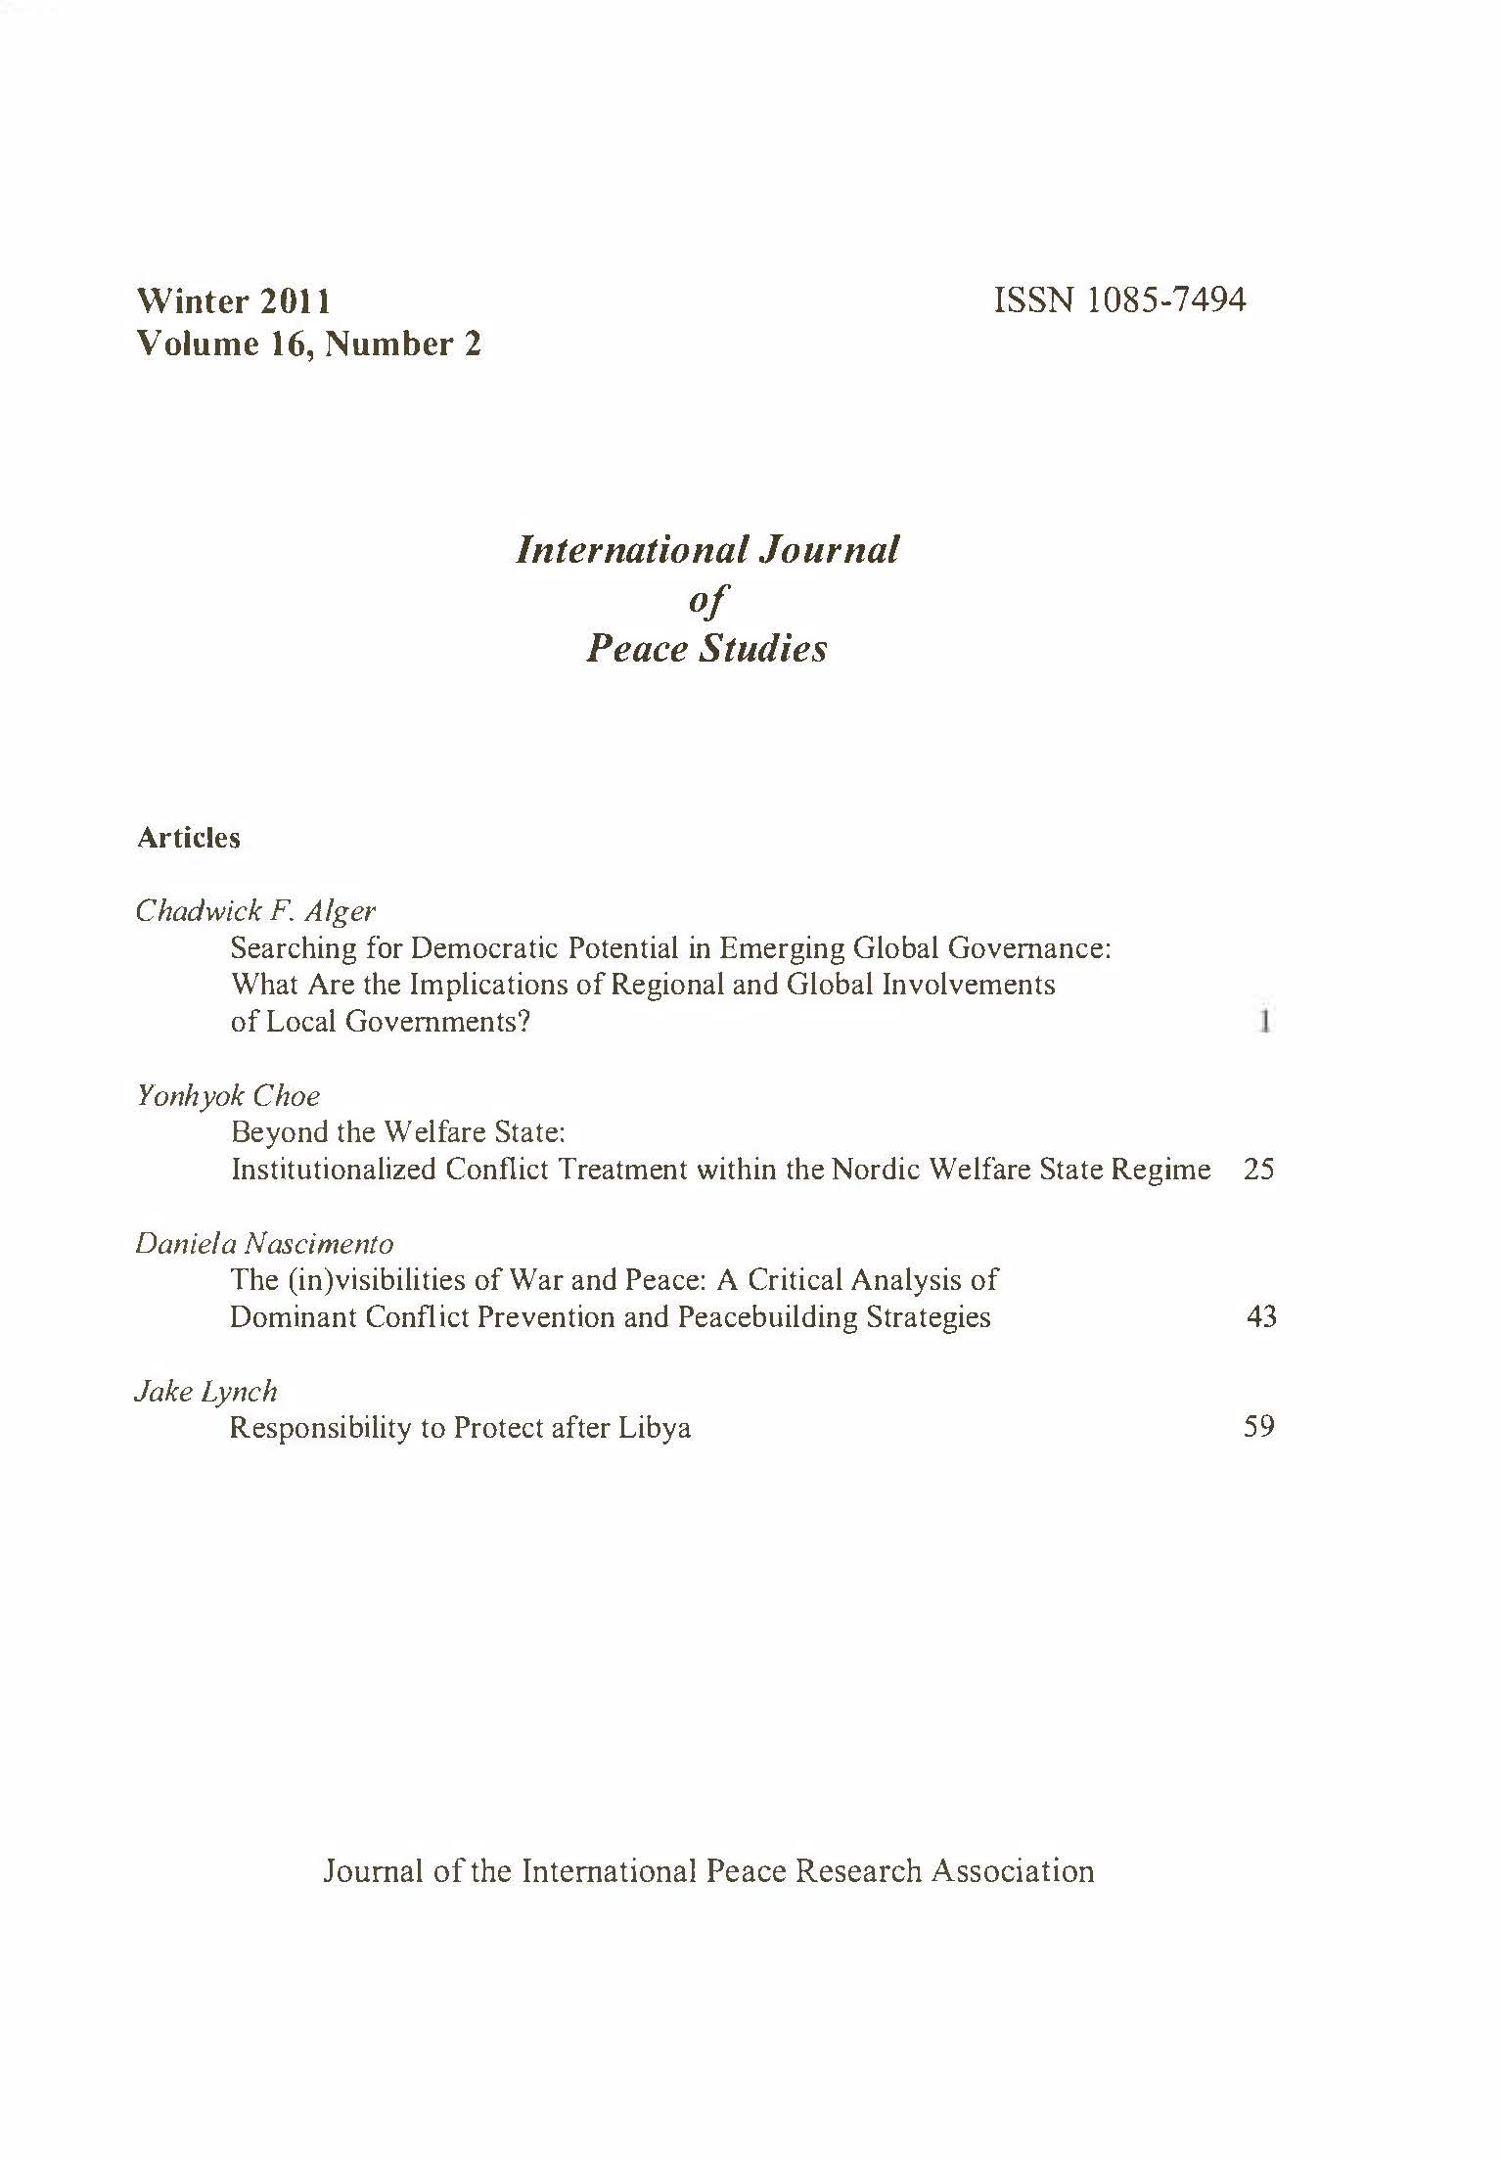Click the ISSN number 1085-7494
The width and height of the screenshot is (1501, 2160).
click(1120, 299)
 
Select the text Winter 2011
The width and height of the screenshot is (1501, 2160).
click(234, 300)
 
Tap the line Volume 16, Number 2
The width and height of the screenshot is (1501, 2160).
click(309, 344)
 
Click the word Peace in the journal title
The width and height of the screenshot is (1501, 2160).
click(635, 648)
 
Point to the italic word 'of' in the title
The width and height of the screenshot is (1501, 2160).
click(706, 599)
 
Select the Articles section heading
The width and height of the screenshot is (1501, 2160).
click(188, 838)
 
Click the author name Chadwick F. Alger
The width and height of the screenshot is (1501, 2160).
click(255, 911)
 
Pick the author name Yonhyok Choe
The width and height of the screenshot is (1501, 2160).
click(228, 1095)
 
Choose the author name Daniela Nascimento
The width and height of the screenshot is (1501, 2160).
click(264, 1244)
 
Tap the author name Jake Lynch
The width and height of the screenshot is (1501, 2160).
click(205, 1391)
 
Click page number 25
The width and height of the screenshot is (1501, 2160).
click(1258, 1170)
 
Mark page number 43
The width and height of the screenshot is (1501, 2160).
click(1261, 1316)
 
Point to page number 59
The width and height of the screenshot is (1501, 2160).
click(1258, 1427)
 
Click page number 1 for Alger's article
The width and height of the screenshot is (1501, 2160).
click(1264, 1022)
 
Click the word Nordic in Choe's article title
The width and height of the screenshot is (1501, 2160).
click(875, 1170)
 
